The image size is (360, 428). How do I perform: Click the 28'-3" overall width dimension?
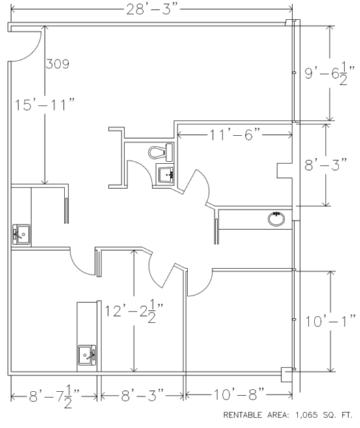click(x=152, y=10)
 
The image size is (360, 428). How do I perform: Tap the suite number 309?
click(x=57, y=64)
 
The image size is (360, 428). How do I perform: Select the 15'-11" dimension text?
click(x=44, y=105)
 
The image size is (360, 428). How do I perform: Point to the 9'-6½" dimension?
click(x=329, y=74)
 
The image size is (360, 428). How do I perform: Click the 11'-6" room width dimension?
click(x=235, y=135)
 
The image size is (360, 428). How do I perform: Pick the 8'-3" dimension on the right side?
click(x=325, y=165)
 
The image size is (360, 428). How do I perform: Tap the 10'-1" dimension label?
click(x=331, y=322)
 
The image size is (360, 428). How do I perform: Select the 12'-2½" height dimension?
click(x=134, y=311)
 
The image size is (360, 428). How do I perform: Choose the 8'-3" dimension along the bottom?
click(x=143, y=395)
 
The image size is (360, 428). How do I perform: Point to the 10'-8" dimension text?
click(x=239, y=395)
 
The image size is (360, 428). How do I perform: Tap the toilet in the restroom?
click(x=161, y=152)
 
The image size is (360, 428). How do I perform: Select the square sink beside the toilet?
click(x=165, y=173)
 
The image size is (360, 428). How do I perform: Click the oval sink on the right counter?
click(x=276, y=219)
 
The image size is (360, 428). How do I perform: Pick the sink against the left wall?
click(x=21, y=235)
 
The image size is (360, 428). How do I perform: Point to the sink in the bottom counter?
click(x=87, y=355)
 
